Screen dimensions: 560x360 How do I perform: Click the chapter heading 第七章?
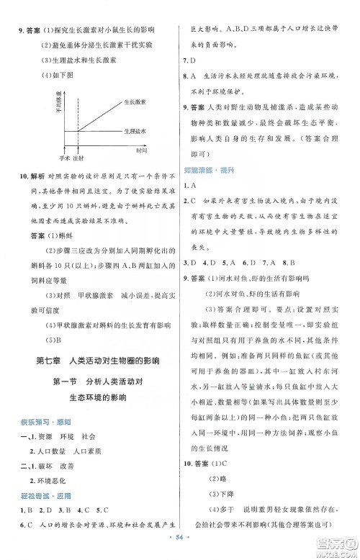pos(49,359)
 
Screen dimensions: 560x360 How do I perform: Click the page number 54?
pos(179,546)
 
